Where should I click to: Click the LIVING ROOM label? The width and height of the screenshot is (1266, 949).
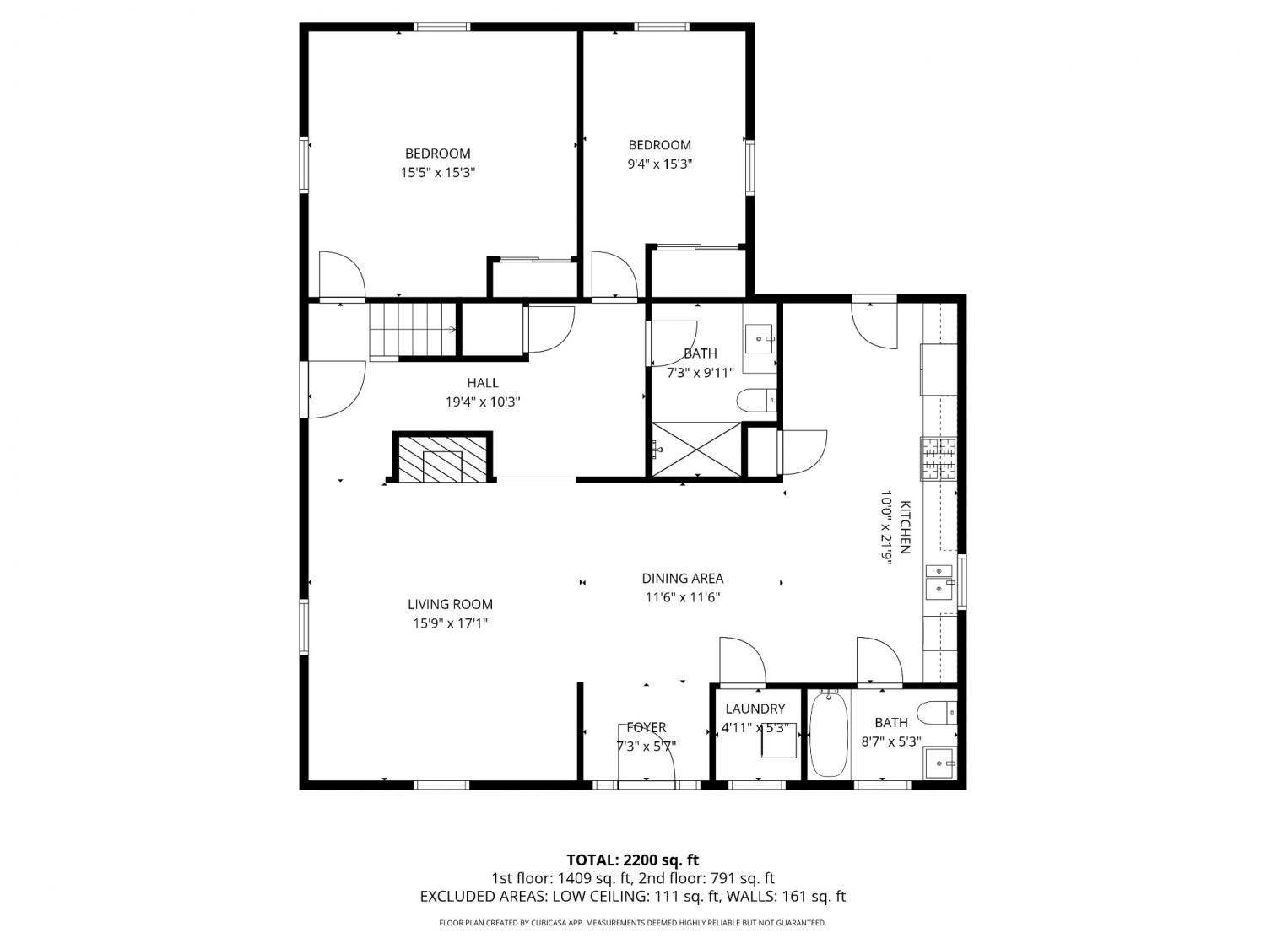point(450,605)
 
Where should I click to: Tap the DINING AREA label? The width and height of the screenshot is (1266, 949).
point(682,578)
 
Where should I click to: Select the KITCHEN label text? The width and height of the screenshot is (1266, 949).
point(905,527)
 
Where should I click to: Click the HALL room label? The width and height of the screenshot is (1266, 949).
point(483,383)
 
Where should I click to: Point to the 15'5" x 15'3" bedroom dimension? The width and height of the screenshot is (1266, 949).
point(438,172)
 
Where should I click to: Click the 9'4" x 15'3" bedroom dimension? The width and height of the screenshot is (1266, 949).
point(660,164)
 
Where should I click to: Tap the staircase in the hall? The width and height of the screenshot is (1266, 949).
point(413,332)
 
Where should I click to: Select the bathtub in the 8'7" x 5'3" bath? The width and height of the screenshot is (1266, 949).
point(829,734)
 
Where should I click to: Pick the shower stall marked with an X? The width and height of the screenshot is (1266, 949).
point(696,450)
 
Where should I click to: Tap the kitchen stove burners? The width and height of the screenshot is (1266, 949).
point(938,459)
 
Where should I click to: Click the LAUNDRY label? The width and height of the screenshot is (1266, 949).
point(755,709)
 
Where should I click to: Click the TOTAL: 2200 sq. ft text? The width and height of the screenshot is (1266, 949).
point(633,860)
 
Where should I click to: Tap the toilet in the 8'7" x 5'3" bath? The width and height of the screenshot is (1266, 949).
point(937,713)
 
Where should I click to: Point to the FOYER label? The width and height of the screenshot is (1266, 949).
point(646,728)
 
